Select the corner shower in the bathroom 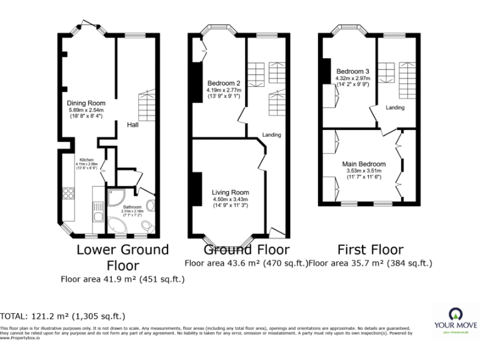[x=116, y=198]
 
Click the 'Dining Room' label [x=86, y=103]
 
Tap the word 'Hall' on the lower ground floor [x=132, y=125]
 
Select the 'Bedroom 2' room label [x=224, y=84]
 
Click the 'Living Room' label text [x=230, y=192]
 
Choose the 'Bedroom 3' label [x=352, y=71]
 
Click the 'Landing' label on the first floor [x=395, y=107]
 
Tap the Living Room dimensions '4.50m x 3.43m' [x=230, y=199]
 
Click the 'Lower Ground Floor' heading [x=122, y=257]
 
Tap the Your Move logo [x=456, y=319]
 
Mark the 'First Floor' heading [x=370, y=250]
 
